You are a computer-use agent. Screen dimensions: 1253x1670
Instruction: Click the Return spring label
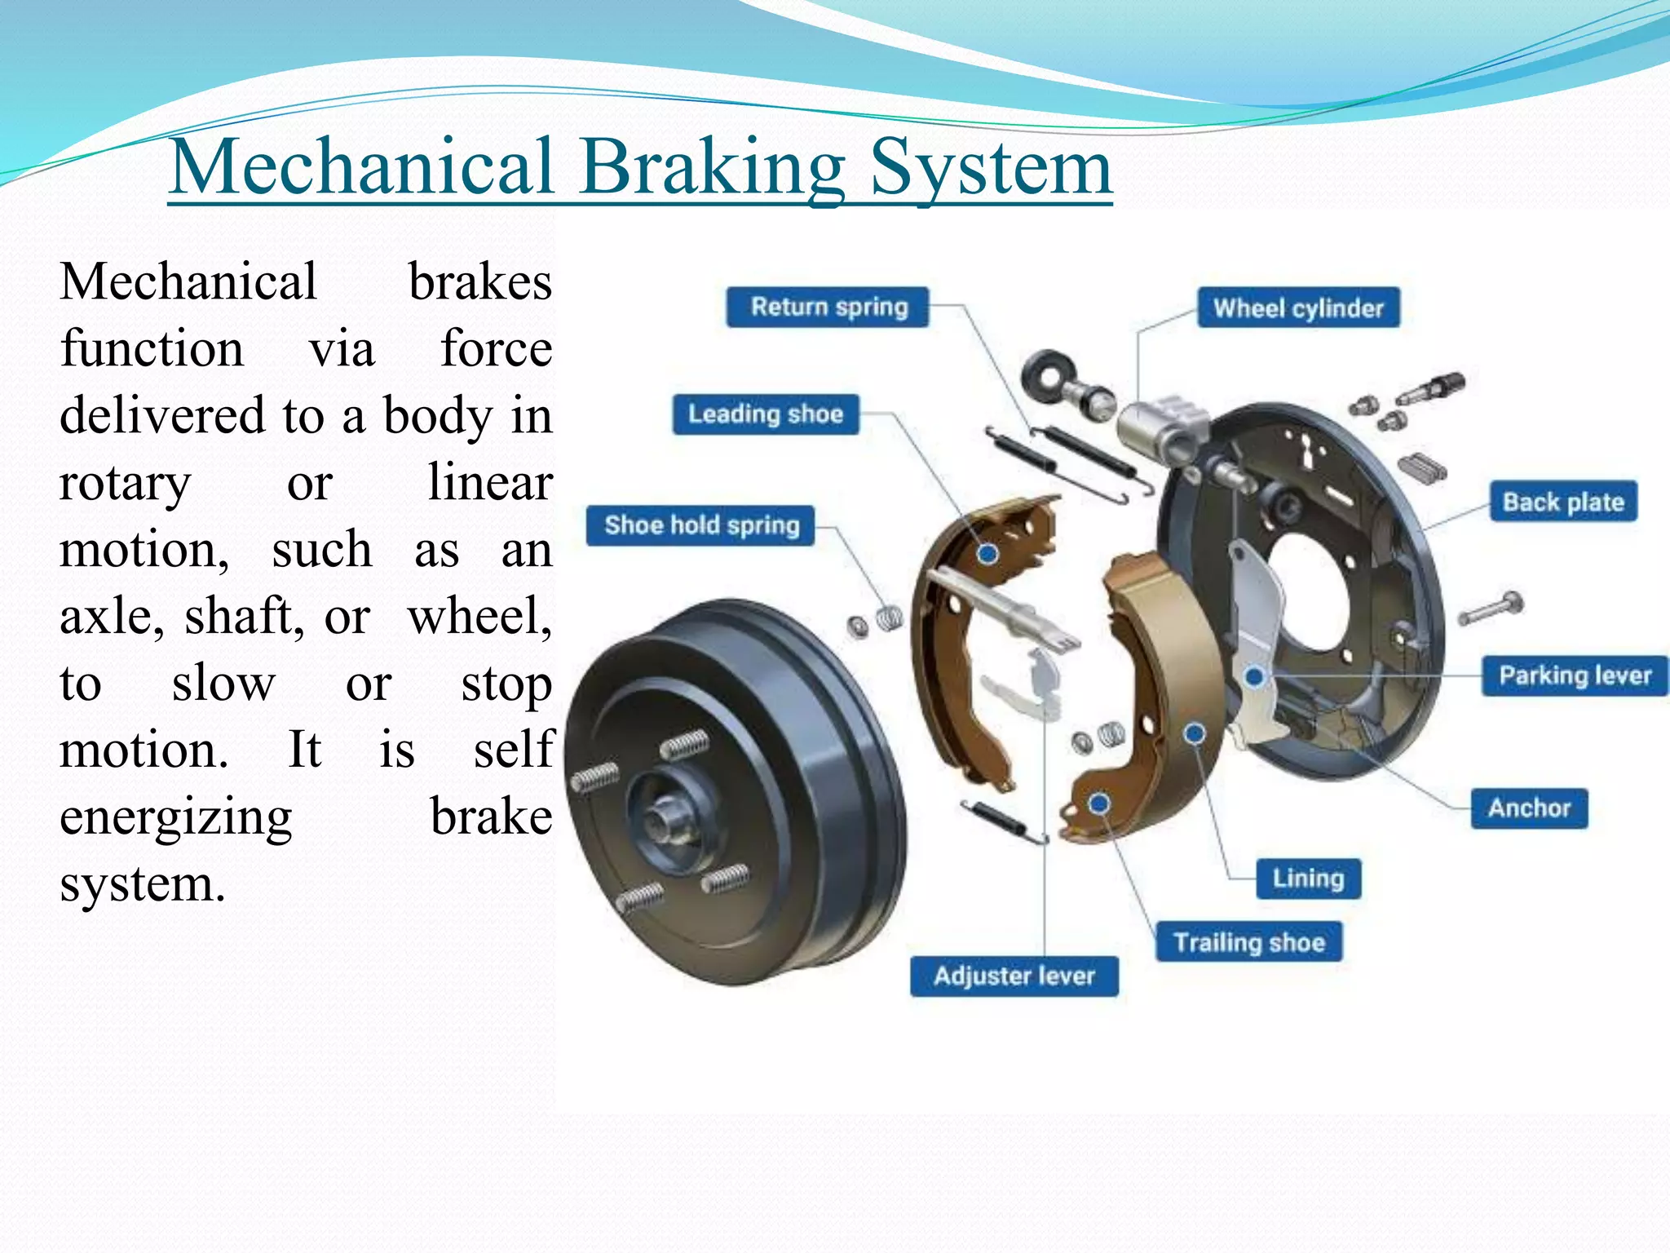click(828, 308)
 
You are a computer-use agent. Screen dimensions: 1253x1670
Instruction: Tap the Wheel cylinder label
click(1298, 308)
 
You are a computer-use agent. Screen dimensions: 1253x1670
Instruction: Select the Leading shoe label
click(765, 414)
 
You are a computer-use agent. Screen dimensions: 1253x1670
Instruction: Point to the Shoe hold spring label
click(701, 525)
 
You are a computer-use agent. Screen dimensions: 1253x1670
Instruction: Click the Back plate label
click(1563, 502)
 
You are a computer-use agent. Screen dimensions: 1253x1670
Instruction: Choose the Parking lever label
click(1575, 675)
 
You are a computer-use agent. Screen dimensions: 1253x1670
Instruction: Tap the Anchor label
click(1529, 808)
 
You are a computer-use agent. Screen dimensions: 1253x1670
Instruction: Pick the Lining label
click(1308, 879)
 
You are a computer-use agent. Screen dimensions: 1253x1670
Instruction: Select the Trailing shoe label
click(1248, 942)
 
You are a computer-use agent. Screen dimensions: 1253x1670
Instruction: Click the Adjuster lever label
click(1014, 976)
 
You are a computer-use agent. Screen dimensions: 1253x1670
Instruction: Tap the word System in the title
click(991, 167)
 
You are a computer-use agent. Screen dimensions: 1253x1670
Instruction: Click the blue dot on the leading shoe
click(987, 554)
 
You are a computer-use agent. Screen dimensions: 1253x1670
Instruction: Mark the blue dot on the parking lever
click(1255, 676)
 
